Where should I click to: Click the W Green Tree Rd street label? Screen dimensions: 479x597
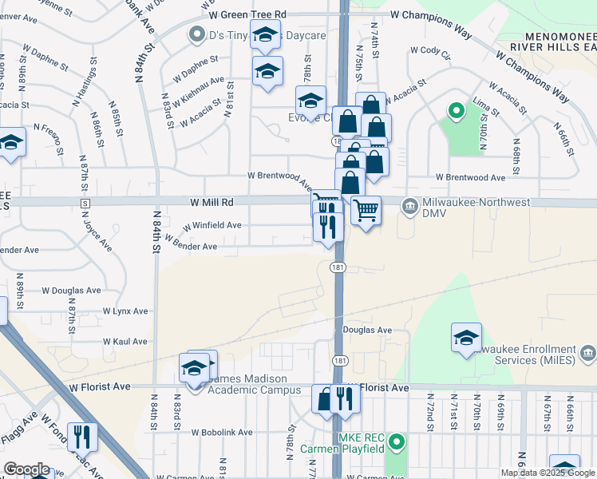click(x=247, y=14)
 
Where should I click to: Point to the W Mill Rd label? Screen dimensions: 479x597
click(x=212, y=203)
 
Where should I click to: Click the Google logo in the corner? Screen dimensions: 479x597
click(x=26, y=469)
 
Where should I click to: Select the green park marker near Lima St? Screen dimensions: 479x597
click(x=457, y=112)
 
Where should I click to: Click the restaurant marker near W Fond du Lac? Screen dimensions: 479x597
click(x=81, y=436)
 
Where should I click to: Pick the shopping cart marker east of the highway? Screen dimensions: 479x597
click(x=366, y=210)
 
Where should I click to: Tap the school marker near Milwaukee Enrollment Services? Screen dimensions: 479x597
click(x=466, y=338)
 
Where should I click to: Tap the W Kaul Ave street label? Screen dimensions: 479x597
click(x=125, y=341)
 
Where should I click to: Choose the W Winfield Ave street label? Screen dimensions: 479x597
click(x=212, y=226)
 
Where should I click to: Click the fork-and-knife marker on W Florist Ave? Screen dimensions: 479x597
click(x=345, y=398)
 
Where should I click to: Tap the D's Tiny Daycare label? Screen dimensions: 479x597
click(x=246, y=35)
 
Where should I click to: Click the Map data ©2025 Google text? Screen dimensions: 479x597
click(x=547, y=473)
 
